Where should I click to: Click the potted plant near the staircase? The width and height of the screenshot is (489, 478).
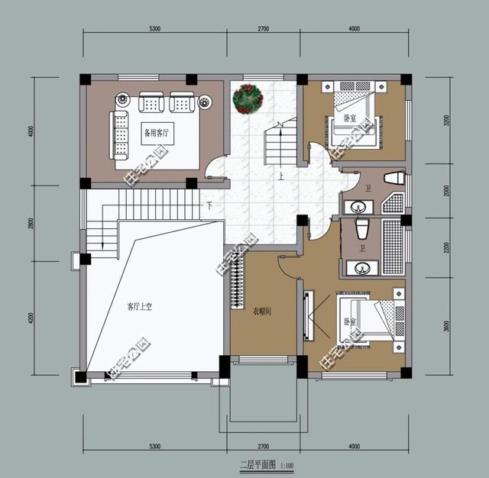click(248, 99)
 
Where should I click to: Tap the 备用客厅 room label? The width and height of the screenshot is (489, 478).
click(158, 131)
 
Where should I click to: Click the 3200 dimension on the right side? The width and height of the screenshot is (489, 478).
click(447, 120)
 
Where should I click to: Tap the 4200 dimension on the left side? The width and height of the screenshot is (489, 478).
click(31, 316)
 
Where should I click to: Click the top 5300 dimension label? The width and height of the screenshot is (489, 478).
click(155, 28)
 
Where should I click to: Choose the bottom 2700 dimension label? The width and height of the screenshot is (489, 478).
click(262, 445)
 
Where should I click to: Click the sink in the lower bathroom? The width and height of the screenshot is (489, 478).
click(360, 267)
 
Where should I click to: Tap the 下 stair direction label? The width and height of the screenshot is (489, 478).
click(209, 206)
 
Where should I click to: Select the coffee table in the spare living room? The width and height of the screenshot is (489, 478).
click(157, 132)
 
